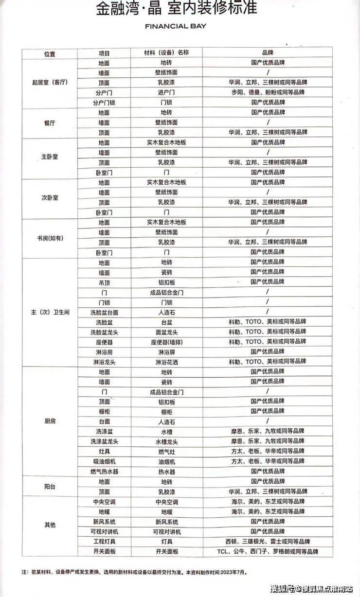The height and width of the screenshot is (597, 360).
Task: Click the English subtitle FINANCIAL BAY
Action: click(176, 26)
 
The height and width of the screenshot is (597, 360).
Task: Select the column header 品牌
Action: click(268, 53)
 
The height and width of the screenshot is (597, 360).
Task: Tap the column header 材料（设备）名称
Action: click(166, 53)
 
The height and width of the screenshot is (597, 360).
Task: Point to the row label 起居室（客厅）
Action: click(49, 83)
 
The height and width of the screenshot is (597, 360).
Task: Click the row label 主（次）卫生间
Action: click(50, 312)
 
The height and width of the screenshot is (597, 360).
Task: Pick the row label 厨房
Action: click(50, 421)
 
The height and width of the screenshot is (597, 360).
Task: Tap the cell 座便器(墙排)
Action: click(166, 342)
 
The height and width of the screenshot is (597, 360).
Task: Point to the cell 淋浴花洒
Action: click(166, 362)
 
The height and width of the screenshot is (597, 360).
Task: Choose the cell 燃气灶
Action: click(166, 452)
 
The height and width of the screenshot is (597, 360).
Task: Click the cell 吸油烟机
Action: click(104, 461)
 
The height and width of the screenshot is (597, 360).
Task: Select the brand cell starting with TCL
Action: click(268, 551)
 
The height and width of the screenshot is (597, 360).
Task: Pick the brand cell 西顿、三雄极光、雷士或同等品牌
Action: click(268, 542)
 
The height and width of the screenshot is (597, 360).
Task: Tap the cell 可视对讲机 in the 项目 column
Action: click(104, 531)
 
